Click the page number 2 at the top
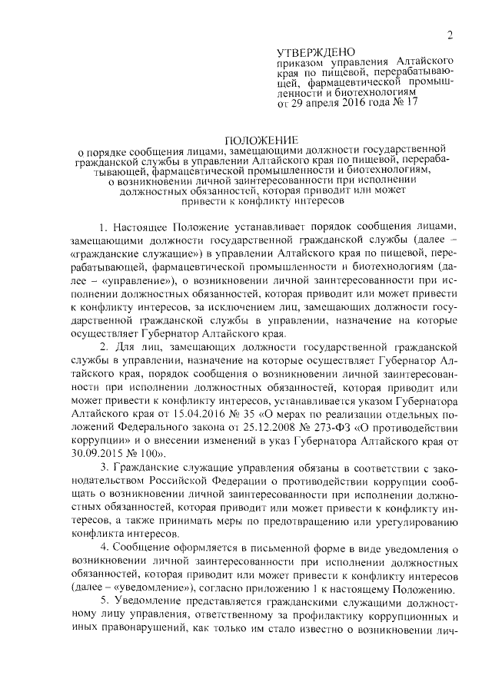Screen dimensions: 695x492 [x=450, y=35]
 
